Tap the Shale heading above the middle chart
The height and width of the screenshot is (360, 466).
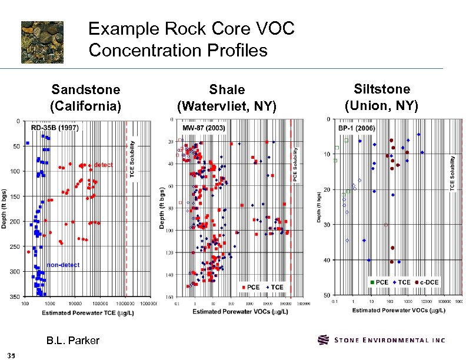click(x=227, y=89)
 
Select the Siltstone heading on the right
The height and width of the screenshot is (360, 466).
click(x=382, y=89)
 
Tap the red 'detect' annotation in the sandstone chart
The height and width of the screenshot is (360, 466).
click(x=104, y=165)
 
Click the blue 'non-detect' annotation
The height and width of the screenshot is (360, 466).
click(x=63, y=265)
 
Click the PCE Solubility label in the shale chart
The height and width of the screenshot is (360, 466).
click(x=296, y=163)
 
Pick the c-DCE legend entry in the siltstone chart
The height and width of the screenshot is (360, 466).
click(x=431, y=282)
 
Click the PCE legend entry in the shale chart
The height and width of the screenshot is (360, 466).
click(x=250, y=286)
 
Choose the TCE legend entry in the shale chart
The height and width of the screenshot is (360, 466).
click(x=274, y=286)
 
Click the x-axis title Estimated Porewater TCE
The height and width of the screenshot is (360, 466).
click(x=88, y=312)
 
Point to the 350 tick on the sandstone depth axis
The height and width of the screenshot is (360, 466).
click(x=14, y=296)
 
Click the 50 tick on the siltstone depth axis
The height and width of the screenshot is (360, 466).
click(x=325, y=295)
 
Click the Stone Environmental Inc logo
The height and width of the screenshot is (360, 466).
click(x=381, y=340)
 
